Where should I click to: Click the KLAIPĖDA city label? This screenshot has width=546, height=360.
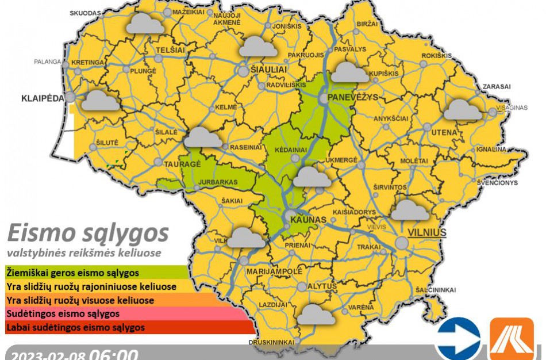(43, 98)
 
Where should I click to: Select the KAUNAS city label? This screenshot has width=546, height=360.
(305, 220)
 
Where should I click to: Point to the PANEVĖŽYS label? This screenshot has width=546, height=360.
(352, 97)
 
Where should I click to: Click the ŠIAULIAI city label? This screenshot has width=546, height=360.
(267, 69)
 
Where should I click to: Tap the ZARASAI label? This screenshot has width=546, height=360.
(497, 86)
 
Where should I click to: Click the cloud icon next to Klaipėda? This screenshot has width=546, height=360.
(101, 102)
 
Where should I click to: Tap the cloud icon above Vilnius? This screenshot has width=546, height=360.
(410, 211)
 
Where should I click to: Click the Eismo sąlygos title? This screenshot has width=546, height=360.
(87, 233)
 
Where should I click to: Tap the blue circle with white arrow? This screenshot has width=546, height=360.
(457, 339)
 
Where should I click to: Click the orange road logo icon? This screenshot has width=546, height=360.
(511, 339)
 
